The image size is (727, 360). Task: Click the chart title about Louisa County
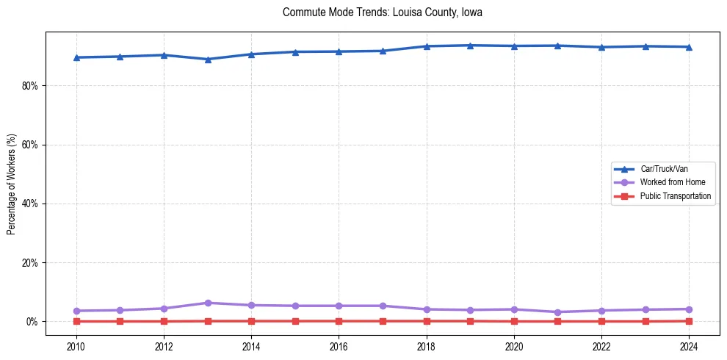(x=382, y=12)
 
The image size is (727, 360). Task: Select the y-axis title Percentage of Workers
(x=11, y=184)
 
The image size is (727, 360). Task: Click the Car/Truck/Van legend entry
(x=664, y=169)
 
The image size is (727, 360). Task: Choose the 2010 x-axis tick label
(x=76, y=346)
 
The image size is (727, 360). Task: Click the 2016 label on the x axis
(x=339, y=346)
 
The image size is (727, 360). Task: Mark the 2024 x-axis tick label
(x=689, y=346)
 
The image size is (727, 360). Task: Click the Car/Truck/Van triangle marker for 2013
(x=208, y=60)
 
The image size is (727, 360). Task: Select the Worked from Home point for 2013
(x=208, y=303)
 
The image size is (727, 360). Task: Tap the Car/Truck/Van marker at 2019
(x=470, y=46)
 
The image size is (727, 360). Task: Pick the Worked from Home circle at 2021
(x=557, y=312)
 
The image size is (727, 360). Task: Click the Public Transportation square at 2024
(x=689, y=321)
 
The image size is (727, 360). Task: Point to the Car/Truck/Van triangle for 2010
(x=76, y=57)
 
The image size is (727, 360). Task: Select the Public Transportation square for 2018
(x=426, y=321)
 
